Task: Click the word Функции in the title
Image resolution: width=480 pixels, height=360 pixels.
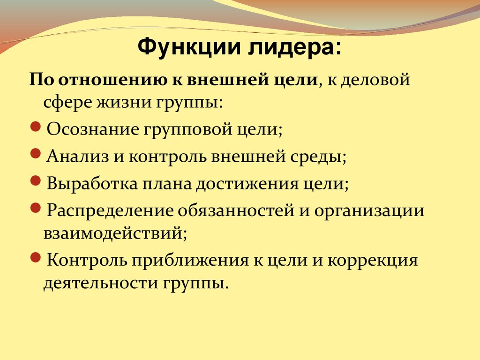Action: [189, 47]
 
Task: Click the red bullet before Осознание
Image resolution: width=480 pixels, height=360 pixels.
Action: [36, 127]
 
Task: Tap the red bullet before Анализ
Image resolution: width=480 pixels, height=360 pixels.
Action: [36, 153]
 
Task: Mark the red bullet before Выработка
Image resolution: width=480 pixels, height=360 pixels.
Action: [36, 180]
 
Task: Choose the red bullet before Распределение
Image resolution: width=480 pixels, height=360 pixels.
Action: [36, 208]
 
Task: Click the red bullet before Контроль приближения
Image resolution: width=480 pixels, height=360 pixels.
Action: [36, 257]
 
